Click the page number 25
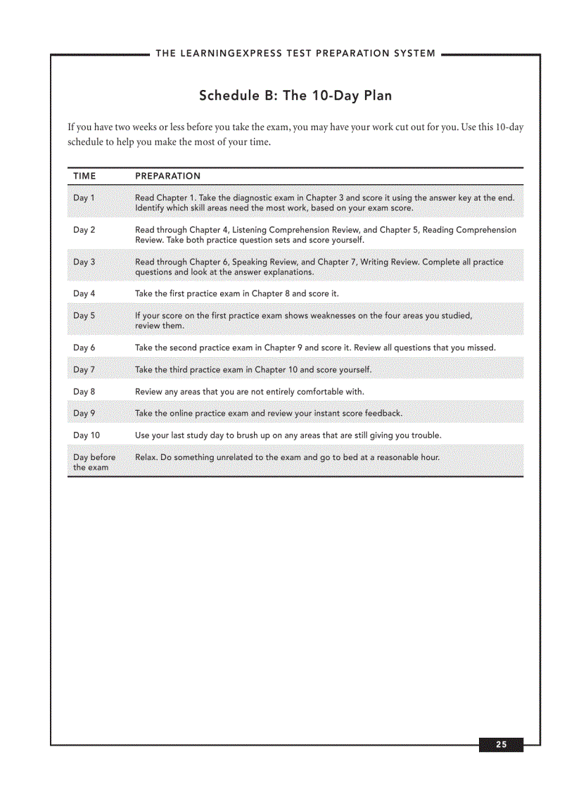click(501, 745)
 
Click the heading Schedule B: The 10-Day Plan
click(295, 96)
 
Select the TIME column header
click(84, 176)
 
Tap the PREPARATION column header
click(167, 176)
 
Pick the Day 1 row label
click(84, 198)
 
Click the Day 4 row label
click(84, 293)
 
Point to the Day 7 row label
click(84, 369)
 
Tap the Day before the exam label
click(94, 462)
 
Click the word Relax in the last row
click(146, 457)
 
